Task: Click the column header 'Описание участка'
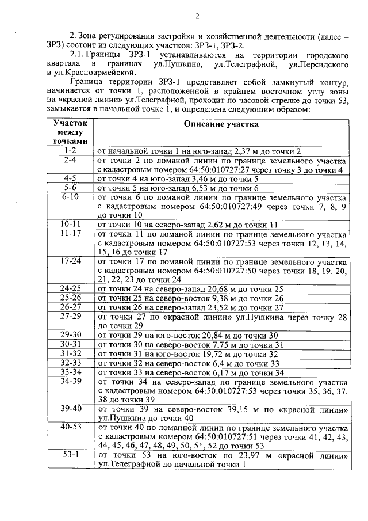[221, 124]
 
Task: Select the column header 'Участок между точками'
[70, 132]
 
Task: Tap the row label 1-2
[70, 151]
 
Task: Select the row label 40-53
[70, 427]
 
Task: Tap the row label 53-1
[70, 455]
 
